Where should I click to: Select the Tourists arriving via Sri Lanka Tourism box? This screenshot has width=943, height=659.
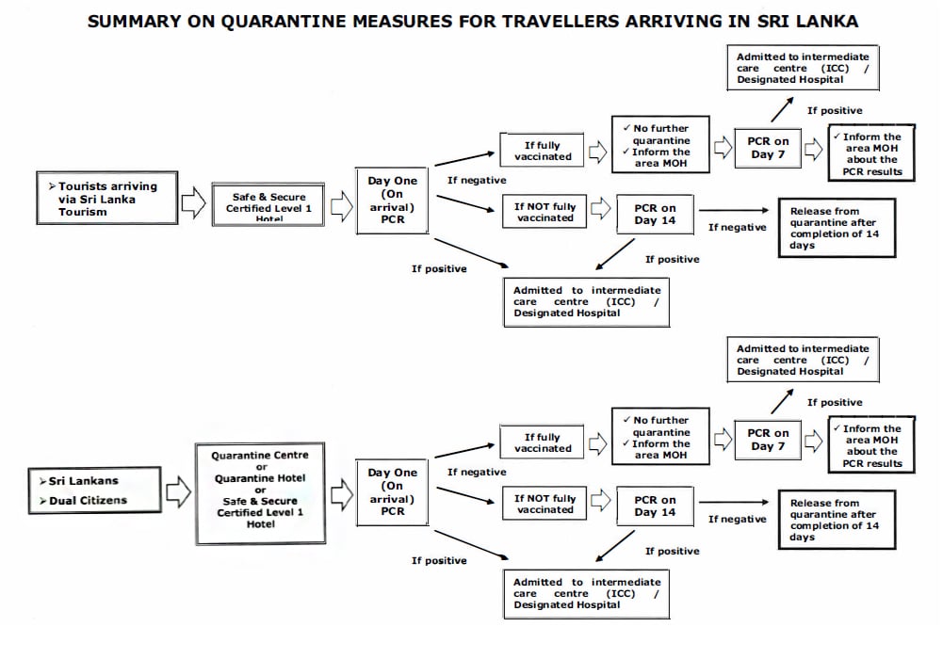click(x=108, y=199)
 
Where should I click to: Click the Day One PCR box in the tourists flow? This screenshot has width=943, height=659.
click(x=392, y=201)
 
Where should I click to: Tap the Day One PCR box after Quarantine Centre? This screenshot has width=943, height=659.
click(x=392, y=492)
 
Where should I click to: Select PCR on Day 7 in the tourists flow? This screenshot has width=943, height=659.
click(x=769, y=148)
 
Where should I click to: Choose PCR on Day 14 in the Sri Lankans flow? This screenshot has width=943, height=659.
click(x=655, y=506)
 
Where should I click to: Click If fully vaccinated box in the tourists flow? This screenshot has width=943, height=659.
click(x=542, y=151)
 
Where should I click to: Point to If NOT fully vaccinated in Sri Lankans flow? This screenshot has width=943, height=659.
click(x=545, y=504)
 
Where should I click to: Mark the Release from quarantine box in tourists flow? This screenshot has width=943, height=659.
click(x=836, y=229)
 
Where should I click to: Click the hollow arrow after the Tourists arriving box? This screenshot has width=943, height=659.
click(x=193, y=201)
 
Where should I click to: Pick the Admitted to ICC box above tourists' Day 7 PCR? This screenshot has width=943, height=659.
click(x=802, y=69)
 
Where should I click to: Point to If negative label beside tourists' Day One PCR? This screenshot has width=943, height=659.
click(x=476, y=180)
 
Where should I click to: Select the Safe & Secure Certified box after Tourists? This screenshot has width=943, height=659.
click(x=268, y=203)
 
